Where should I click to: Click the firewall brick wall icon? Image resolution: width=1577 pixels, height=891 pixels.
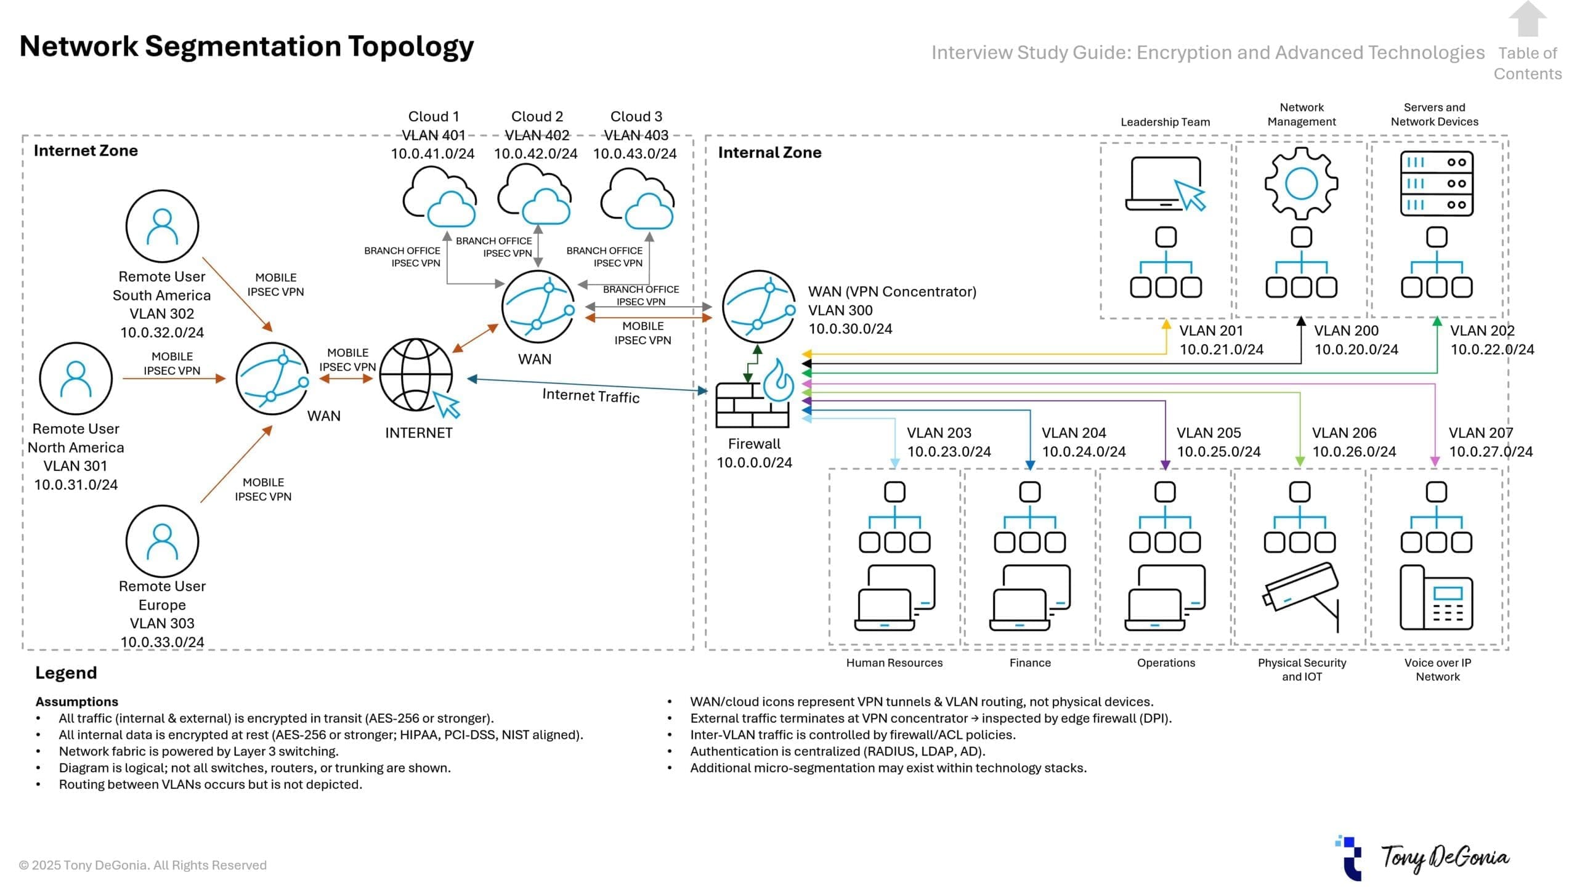click(x=752, y=405)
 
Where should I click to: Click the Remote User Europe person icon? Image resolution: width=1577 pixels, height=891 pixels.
click(x=162, y=541)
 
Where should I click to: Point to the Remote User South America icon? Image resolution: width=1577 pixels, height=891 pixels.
click(x=162, y=226)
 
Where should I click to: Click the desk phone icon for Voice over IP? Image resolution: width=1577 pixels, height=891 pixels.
click(x=1436, y=598)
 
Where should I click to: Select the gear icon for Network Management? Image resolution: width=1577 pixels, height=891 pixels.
click(x=1301, y=183)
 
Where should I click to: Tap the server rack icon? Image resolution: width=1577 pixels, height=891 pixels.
click(x=1437, y=183)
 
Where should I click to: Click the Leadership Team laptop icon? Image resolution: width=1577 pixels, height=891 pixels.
click(x=1164, y=184)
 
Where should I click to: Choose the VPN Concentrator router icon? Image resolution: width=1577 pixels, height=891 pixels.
click(x=759, y=306)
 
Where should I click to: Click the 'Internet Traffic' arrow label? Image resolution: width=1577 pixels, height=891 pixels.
click(x=591, y=396)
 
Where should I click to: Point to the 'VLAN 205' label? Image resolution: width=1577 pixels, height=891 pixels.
click(x=1209, y=433)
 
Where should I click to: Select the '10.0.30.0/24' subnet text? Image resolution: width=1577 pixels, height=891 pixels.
click(x=850, y=329)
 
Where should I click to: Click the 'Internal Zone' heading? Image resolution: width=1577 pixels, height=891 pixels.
click(x=769, y=153)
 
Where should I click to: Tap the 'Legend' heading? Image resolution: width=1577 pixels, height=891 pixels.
click(x=66, y=672)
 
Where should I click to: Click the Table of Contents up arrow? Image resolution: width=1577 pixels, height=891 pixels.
click(x=1527, y=20)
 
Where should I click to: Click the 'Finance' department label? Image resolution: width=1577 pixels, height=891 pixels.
click(x=1030, y=663)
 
